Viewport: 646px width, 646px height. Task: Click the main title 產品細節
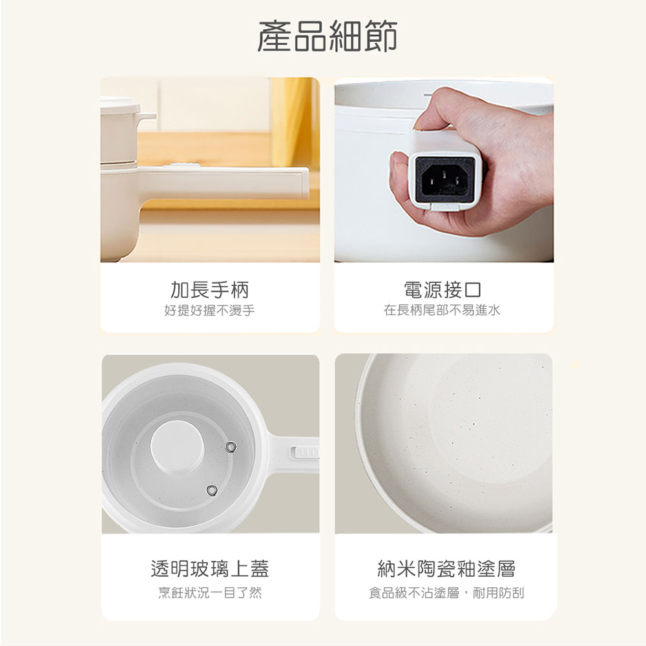[x=327, y=36]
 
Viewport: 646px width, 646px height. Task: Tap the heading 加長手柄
[x=210, y=290]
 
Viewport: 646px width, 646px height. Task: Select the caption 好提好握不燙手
[x=210, y=310]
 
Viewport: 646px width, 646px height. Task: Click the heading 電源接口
[x=442, y=290]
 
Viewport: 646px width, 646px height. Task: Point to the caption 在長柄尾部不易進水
[x=442, y=310]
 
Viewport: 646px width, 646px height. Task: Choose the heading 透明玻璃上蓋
[x=210, y=569]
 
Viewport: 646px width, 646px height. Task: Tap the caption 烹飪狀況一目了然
[x=210, y=593]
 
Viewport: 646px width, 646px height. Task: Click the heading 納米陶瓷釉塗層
[x=446, y=569]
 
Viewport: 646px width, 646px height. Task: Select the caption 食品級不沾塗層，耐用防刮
[x=446, y=593]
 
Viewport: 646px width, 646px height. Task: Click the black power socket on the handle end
[x=445, y=180]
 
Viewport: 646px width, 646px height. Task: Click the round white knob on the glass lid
[x=177, y=446]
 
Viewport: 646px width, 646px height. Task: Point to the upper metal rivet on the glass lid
[x=231, y=446]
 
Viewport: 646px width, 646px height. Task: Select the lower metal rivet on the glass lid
[x=212, y=490]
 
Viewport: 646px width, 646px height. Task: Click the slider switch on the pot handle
[x=304, y=453]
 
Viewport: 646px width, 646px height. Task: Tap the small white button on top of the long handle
[x=182, y=165]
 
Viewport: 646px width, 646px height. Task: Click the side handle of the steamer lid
[x=145, y=117]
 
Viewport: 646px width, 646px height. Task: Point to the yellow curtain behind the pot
[x=292, y=122]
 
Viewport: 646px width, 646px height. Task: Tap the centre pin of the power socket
[x=444, y=175]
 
